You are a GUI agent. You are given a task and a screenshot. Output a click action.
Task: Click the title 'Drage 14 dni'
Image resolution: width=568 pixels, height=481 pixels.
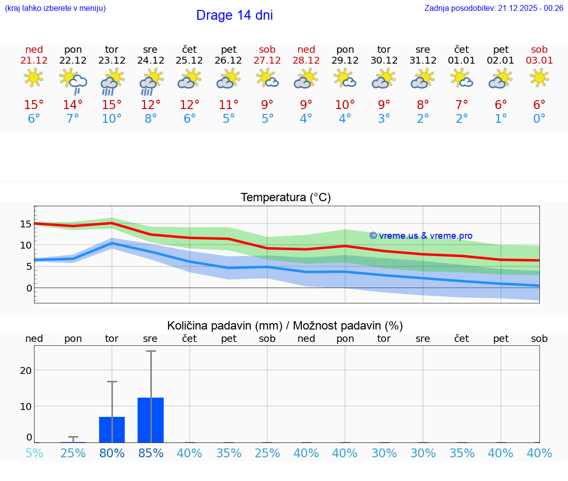tap(234, 15)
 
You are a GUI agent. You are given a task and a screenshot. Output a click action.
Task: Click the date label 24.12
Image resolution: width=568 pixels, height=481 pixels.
tap(150, 61)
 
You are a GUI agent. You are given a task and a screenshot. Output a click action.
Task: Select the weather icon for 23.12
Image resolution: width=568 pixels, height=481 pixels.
tap(112, 81)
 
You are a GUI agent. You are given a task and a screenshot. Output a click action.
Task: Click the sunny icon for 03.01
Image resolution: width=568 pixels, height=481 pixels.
tap(539, 77)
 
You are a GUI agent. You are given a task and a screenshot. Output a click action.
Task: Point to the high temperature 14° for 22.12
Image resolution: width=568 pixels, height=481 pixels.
tap(73, 105)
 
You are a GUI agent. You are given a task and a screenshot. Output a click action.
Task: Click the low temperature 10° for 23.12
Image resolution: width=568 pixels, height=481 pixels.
tap(112, 119)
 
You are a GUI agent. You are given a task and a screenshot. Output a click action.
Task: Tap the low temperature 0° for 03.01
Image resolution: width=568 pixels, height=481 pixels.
tap(539, 119)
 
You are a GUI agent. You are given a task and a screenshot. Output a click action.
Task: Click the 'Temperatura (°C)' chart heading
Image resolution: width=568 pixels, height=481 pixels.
tap(285, 198)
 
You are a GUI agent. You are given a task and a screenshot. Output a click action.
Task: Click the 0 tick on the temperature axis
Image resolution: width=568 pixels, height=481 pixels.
tap(29, 288)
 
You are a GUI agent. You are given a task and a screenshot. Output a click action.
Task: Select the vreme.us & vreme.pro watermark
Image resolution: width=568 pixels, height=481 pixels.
tap(421, 236)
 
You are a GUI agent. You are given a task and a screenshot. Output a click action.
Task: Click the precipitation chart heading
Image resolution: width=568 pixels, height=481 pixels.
tap(285, 326)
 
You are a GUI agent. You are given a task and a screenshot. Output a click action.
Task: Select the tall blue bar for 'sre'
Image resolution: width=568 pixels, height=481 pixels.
tap(150, 420)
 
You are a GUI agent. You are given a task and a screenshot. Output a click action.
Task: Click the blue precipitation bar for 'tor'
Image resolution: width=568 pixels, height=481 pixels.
tap(112, 430)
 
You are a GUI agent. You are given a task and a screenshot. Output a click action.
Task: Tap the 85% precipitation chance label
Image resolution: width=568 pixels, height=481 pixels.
tap(150, 453)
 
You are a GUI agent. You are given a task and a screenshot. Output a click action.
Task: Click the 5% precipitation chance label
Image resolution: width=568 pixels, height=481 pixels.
tap(34, 453)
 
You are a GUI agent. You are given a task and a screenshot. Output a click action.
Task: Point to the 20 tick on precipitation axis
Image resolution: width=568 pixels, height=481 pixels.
tap(26, 370)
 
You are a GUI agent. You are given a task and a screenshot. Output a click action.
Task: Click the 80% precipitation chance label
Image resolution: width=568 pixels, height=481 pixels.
tap(112, 453)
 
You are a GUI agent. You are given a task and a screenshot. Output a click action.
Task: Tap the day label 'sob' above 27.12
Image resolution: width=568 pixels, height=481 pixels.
tap(267, 50)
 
